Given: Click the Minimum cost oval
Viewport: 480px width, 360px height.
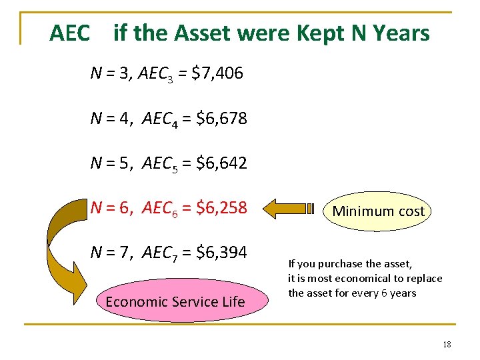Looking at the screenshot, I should tap(378, 211).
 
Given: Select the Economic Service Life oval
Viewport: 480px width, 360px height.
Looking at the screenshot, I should tap(175, 301).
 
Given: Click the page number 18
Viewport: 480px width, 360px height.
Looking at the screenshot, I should tap(446, 344).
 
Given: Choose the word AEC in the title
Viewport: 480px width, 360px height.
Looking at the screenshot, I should tap(69, 33).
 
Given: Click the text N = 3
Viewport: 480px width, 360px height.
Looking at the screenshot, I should tap(111, 73).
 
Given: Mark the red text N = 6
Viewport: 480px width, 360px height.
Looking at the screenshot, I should tap(111, 208).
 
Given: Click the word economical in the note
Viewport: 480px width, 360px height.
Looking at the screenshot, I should tap(367, 278).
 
